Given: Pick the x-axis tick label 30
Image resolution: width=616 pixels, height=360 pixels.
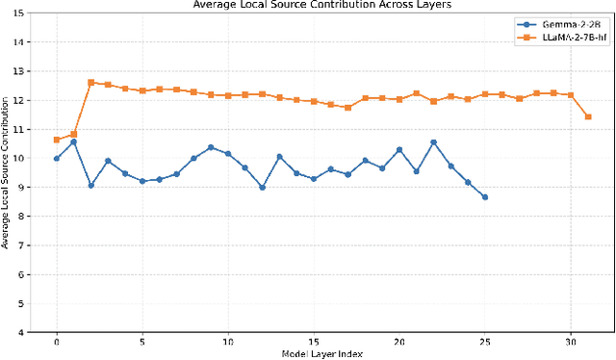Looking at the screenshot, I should click(x=571, y=342).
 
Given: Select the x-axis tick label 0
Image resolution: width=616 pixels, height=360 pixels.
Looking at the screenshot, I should click(x=57, y=342).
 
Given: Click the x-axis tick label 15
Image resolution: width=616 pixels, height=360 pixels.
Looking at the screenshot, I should click(x=314, y=342).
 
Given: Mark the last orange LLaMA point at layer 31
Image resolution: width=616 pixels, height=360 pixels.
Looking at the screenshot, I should click(x=588, y=116).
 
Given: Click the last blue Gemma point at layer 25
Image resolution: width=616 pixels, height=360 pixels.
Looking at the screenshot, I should click(x=485, y=196).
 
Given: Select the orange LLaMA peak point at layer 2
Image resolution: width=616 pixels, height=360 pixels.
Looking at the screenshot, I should click(x=90, y=83).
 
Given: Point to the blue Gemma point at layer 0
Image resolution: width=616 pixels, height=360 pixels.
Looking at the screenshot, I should click(x=57, y=158).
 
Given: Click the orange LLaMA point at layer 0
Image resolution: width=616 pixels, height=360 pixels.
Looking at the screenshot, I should click(x=57, y=140).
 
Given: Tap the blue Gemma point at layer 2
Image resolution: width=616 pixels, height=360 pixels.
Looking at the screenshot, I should click(x=90, y=185).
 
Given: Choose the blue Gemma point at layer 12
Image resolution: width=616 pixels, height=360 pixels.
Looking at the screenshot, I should click(x=262, y=188).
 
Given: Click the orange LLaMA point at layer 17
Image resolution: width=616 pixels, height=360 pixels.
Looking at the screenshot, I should click(x=347, y=108).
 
